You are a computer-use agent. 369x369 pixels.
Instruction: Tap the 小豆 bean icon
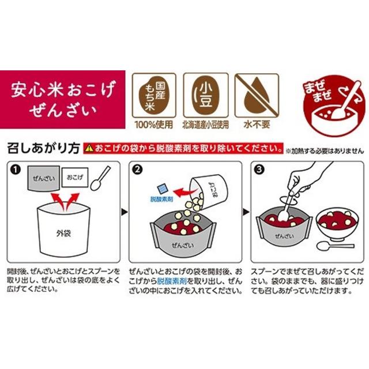click(206, 95)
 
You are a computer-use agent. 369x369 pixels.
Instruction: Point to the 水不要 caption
click(257, 125)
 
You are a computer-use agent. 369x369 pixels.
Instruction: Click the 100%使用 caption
click(154, 125)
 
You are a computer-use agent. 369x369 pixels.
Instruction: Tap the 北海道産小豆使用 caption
click(206, 125)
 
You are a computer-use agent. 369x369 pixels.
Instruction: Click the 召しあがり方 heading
click(43, 149)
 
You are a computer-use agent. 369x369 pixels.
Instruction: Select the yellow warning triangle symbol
click(89, 149)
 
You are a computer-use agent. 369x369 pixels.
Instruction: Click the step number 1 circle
click(16, 170)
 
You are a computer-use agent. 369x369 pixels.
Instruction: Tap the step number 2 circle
click(137, 170)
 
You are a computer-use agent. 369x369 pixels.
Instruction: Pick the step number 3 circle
click(259, 170)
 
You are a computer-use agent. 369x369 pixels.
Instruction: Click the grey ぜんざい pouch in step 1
click(44, 178)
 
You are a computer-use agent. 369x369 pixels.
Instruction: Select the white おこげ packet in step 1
click(75, 177)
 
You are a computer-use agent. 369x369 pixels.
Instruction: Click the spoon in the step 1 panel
click(100, 179)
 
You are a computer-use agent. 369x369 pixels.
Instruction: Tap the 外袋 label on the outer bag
click(63, 234)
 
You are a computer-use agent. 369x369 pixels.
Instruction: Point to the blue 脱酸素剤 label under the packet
click(161, 199)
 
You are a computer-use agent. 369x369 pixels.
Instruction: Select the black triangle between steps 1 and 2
click(125, 212)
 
